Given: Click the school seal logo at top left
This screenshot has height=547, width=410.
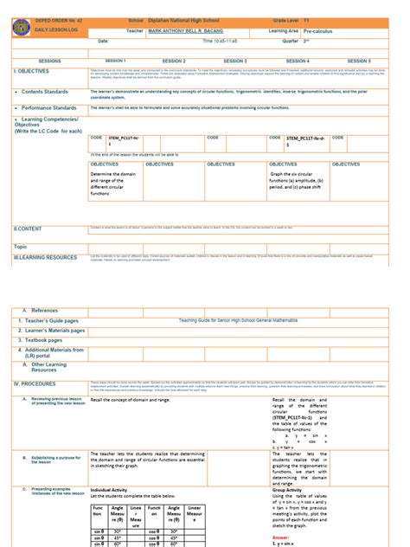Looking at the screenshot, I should (x=19, y=25).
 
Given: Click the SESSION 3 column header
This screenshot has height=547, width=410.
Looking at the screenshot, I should (x=234, y=61).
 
